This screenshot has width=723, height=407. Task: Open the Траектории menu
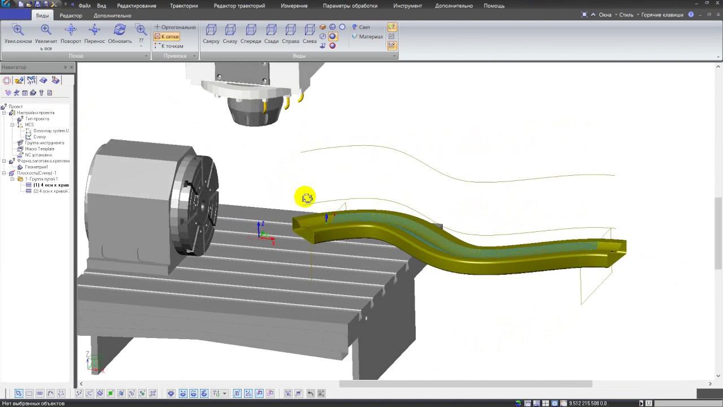(184, 6)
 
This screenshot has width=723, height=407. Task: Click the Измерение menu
(294, 6)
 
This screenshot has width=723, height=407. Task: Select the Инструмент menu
(407, 6)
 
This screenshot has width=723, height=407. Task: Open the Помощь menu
(494, 6)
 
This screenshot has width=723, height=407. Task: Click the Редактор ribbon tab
(71, 15)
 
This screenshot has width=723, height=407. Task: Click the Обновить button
(120, 34)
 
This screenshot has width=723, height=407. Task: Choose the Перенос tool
(95, 34)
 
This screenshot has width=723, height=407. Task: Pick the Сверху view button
(211, 34)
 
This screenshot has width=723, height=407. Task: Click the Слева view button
(310, 34)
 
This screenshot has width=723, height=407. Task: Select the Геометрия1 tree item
(37, 167)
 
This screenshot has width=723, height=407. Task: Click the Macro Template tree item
(40, 149)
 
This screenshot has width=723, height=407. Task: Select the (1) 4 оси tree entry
(51, 185)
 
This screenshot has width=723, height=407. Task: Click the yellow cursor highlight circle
(305, 197)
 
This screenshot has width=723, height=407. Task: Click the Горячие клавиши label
(662, 15)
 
